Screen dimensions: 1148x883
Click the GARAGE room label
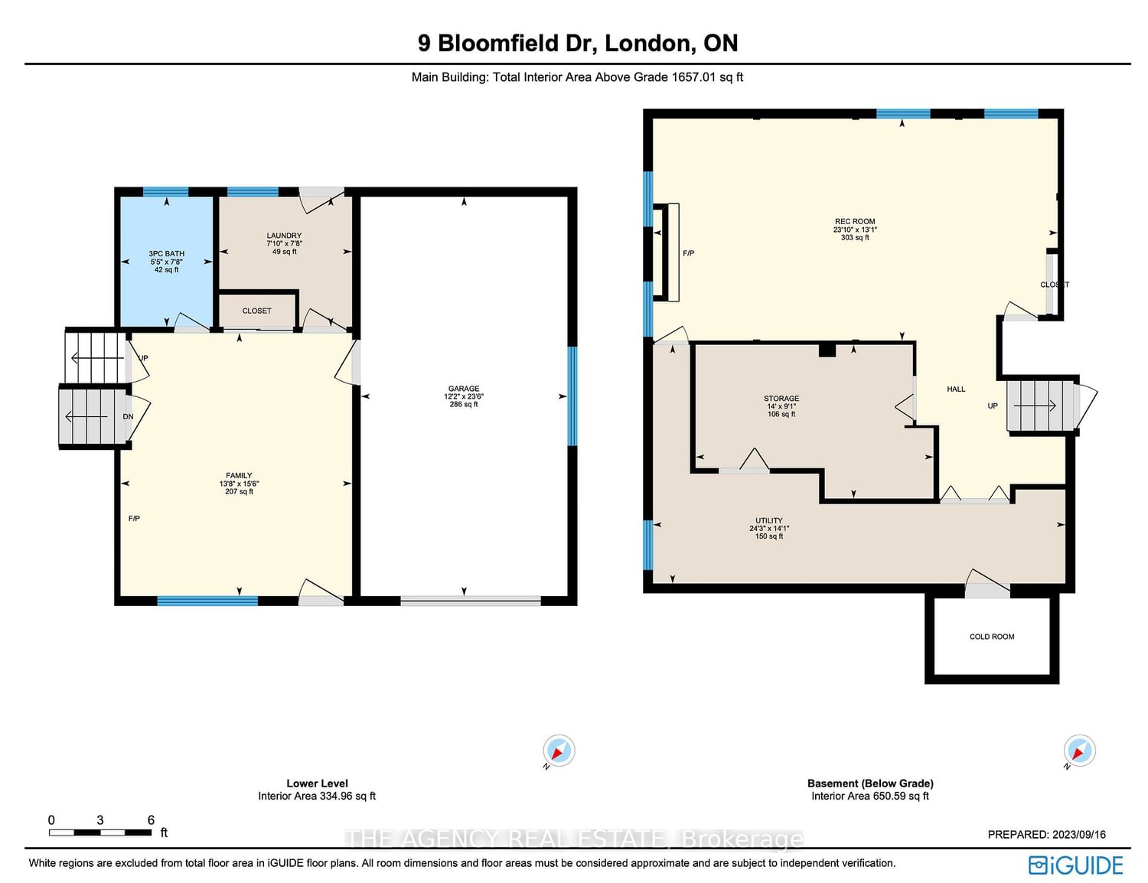(x=463, y=389)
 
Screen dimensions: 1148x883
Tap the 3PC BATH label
(x=166, y=254)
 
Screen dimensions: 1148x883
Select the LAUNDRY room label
(x=284, y=236)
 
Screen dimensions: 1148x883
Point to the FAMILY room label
(x=239, y=475)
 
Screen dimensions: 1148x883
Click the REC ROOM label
(x=855, y=222)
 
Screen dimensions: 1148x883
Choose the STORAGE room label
(x=781, y=398)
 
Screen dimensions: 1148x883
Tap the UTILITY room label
(x=768, y=520)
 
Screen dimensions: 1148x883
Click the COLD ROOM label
(x=992, y=637)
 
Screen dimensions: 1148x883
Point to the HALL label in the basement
(x=956, y=389)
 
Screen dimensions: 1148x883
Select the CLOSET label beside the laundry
(x=256, y=311)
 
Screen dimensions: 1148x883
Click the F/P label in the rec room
(x=688, y=253)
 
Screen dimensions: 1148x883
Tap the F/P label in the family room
(x=134, y=519)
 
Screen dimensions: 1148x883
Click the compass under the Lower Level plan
(x=559, y=751)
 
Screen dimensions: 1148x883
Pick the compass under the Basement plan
(x=1079, y=751)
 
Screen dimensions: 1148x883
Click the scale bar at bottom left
(x=100, y=832)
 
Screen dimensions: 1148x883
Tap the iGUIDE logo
(x=1075, y=865)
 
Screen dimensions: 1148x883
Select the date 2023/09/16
(x=1079, y=835)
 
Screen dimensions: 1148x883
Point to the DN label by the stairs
(x=128, y=417)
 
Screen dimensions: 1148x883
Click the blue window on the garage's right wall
(x=572, y=396)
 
